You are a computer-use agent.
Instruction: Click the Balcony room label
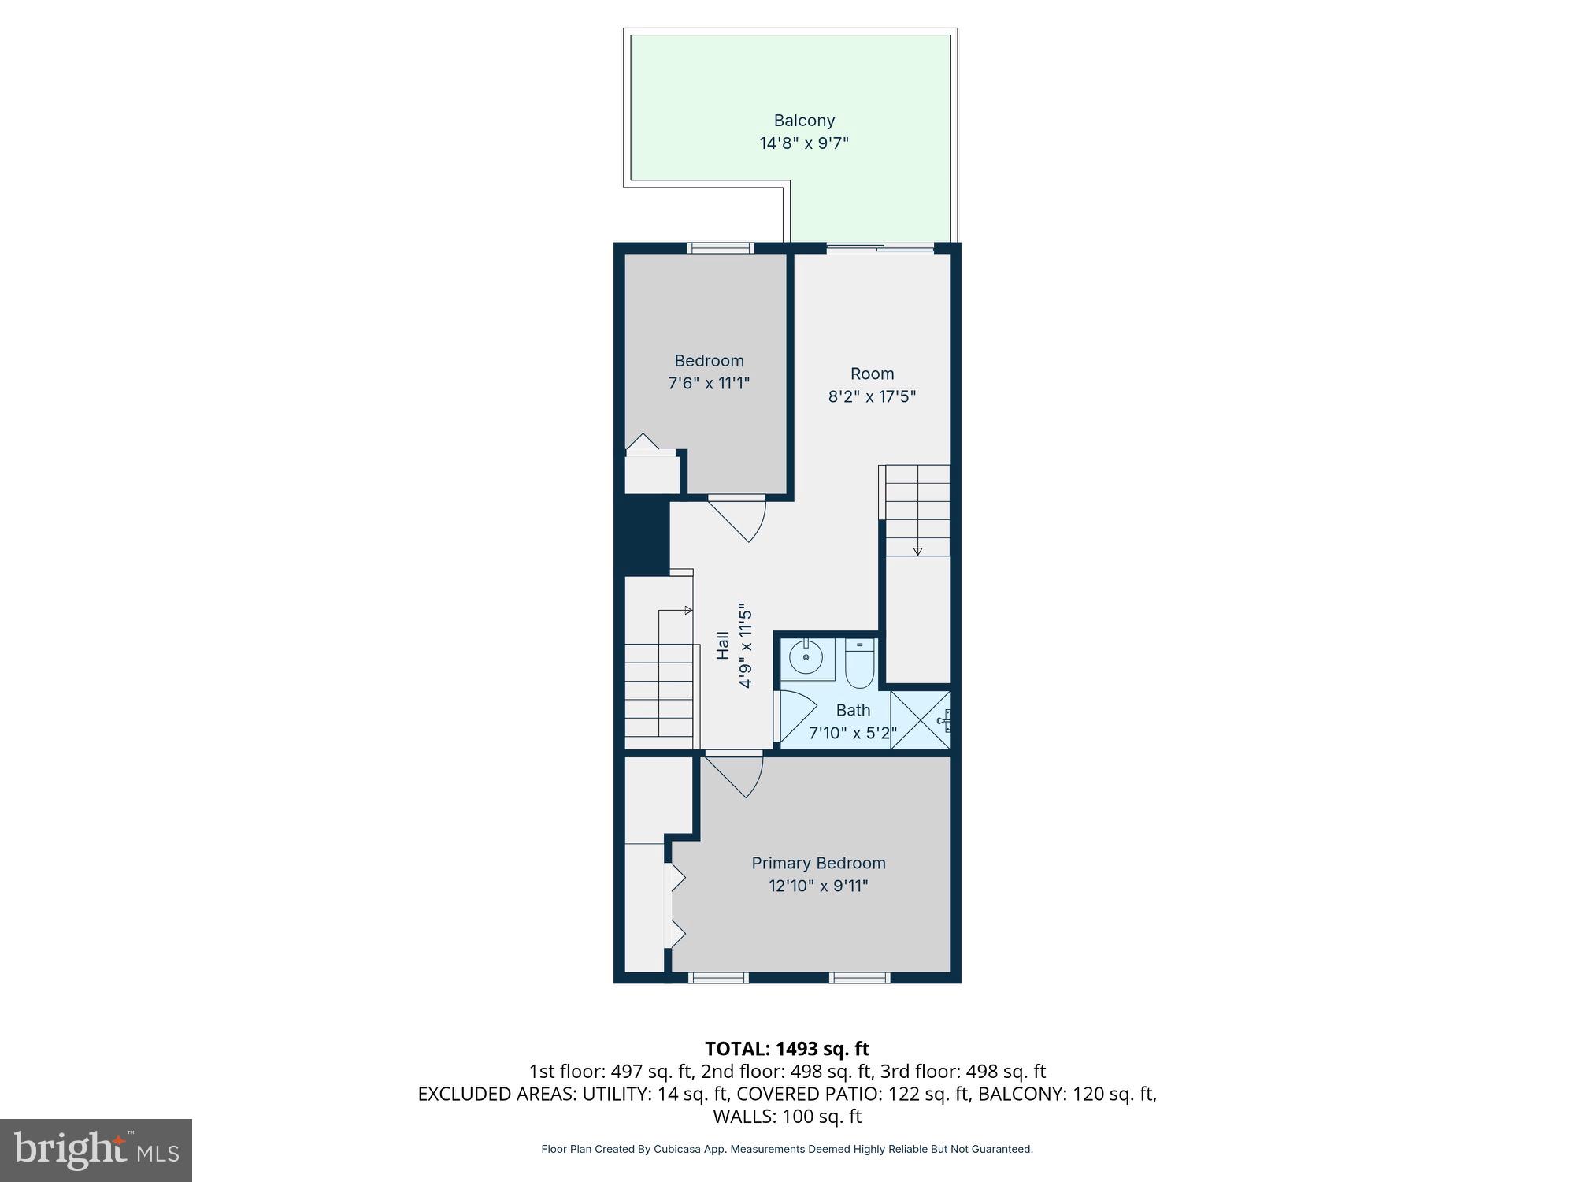[803, 121]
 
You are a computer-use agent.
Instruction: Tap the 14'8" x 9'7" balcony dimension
[803, 143]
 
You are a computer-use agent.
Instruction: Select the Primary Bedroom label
[818, 863]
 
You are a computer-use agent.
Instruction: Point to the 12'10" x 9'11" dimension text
[818, 886]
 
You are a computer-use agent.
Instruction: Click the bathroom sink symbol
[806, 658]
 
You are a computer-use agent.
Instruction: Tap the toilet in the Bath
[859, 664]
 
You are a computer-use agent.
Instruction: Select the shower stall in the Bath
[920, 719]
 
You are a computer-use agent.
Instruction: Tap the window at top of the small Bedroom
[721, 248]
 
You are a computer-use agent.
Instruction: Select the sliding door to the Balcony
[880, 249]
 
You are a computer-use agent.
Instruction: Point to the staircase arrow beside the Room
[917, 550]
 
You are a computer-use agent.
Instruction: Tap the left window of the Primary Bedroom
[718, 978]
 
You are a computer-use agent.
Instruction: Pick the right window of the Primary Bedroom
[859, 978]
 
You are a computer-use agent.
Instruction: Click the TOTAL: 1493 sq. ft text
[787, 1049]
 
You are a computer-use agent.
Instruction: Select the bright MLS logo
[96, 1150]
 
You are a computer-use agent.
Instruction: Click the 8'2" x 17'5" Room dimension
[872, 396]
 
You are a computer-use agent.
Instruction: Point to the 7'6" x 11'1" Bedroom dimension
[709, 384]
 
